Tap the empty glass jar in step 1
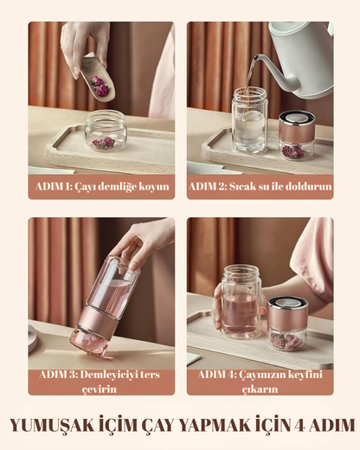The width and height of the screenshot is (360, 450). pos(106,131)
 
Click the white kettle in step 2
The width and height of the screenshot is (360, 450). pos(300,59)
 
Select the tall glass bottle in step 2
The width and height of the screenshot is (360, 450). pos(249,120)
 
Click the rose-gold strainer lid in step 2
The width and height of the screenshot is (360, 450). pos(297,127)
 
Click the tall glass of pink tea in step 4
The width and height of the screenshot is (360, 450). pos(240,302)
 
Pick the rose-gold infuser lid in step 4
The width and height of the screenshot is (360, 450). pos(287,313)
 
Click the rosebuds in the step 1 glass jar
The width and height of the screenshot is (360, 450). pos(104,143)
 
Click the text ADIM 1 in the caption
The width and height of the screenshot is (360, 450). pos(54,187)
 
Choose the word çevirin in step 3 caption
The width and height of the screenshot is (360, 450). pos(100,389)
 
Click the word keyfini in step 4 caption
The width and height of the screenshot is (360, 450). pos(305,375)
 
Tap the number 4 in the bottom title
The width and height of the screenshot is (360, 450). pos(300,426)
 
